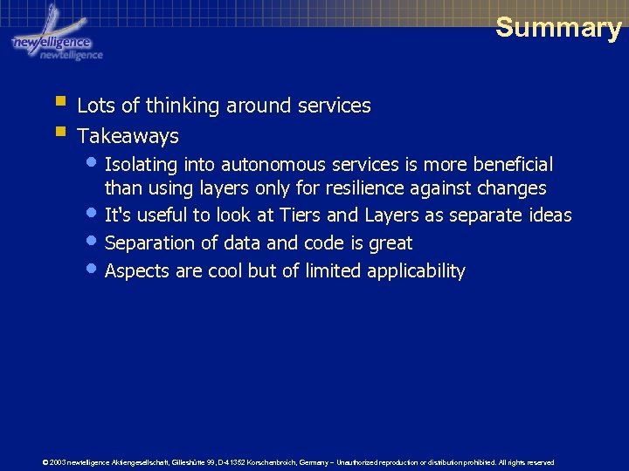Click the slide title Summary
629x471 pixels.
tap(558, 27)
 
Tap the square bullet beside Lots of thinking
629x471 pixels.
tap(59, 103)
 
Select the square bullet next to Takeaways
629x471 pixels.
tap(59, 133)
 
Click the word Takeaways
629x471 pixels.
tap(128, 136)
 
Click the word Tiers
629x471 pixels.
tap(304, 215)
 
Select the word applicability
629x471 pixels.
tap(416, 271)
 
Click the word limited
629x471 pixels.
tap(333, 271)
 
